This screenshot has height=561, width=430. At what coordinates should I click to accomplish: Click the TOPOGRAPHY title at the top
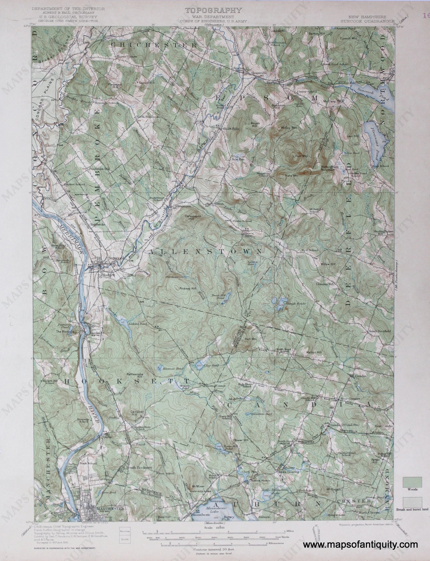click(213, 10)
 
